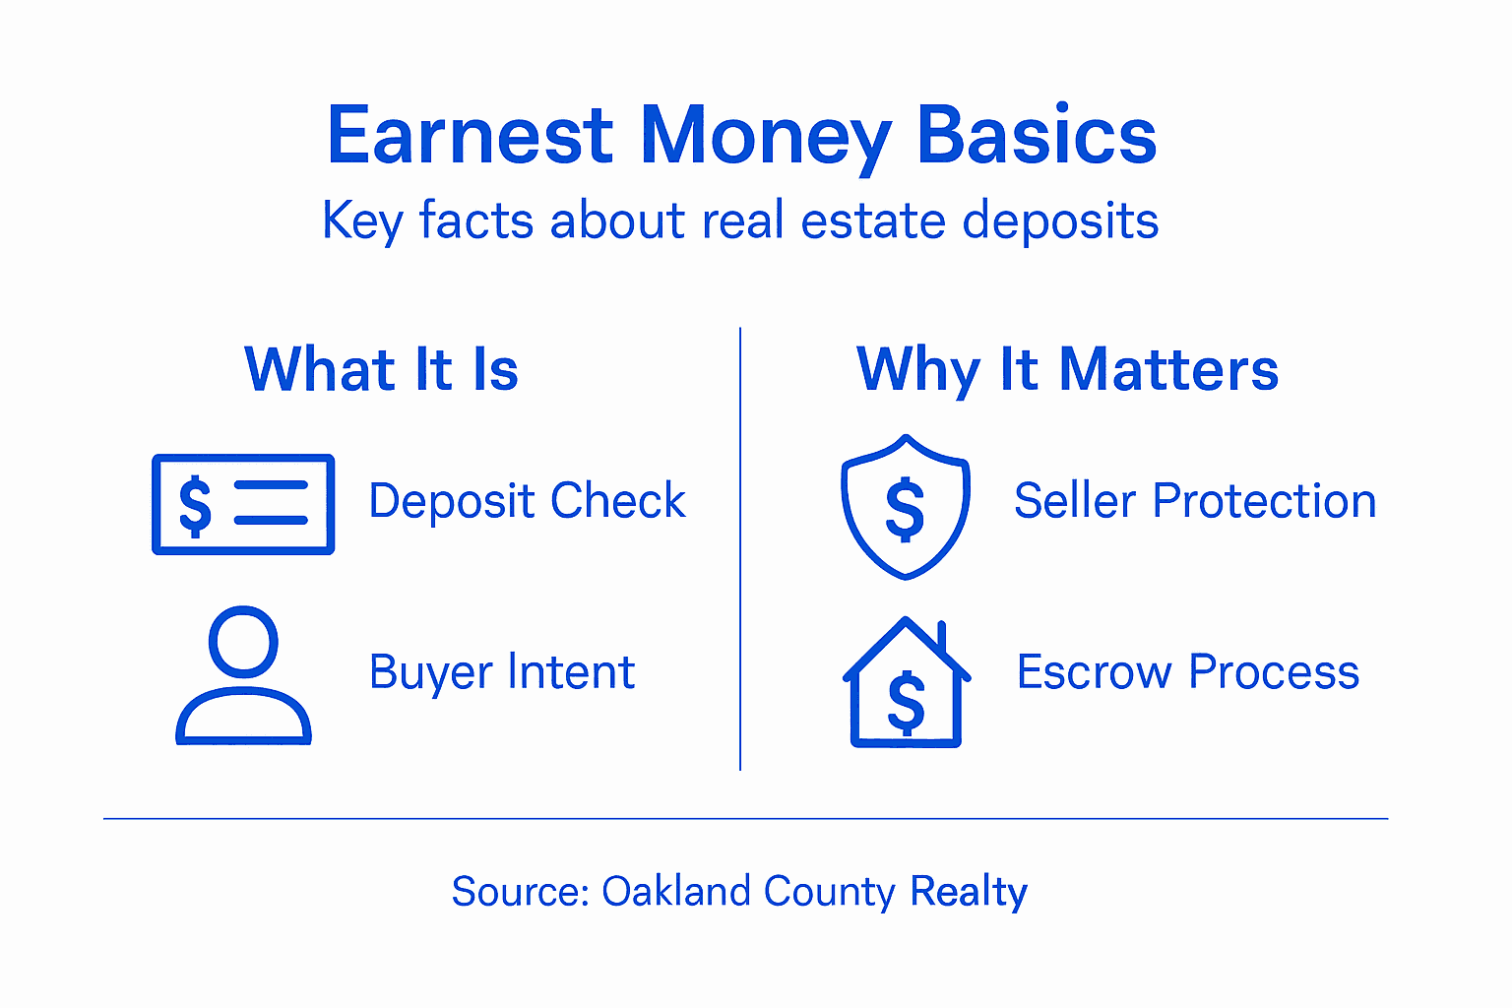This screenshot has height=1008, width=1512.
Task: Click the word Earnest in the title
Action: coord(470,135)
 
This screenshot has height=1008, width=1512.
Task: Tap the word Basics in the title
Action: coord(1037,135)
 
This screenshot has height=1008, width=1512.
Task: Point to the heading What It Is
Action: coord(381,370)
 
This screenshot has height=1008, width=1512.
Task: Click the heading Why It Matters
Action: coord(1067,370)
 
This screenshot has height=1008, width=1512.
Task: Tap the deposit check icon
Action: coord(243,504)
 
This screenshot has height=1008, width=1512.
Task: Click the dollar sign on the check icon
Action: coord(195,505)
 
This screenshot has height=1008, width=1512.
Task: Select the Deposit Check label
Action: coord(527,501)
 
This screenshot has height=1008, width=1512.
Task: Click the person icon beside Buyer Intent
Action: coord(243,676)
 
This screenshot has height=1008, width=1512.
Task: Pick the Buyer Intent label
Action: coord(502,672)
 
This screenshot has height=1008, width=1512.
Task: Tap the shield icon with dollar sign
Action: coord(906,506)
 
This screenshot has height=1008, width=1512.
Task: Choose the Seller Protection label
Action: coord(1195,501)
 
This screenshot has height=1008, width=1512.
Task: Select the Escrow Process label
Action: coord(1188,672)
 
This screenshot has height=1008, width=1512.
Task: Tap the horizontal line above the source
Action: coord(745,818)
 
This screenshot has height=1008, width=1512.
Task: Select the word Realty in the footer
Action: coord(968,892)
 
